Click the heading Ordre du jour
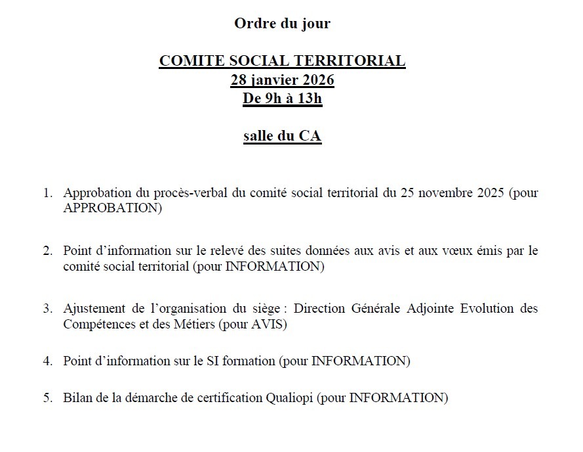point(282,24)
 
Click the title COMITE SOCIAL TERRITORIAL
point(282,62)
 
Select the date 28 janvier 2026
point(282,81)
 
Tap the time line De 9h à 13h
point(282,99)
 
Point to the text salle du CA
point(282,137)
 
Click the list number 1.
point(47,194)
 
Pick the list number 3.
point(47,308)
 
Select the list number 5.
point(47,397)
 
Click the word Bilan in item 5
point(76,397)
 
